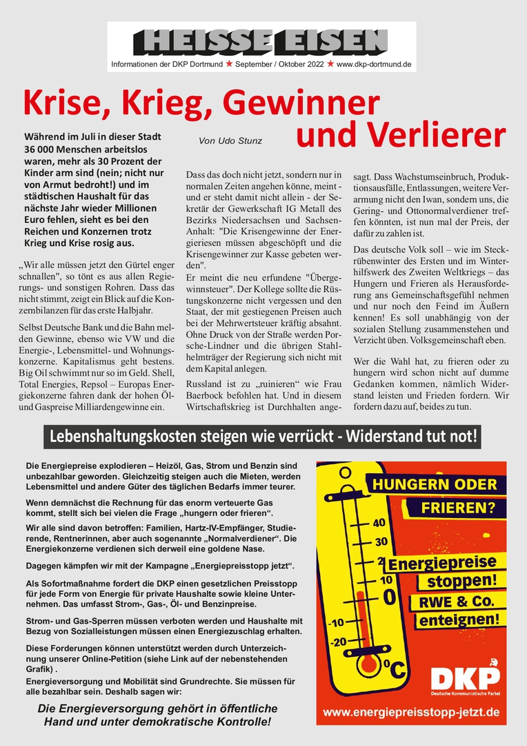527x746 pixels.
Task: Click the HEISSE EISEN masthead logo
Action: point(261,41)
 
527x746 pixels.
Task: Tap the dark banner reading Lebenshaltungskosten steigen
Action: point(262,437)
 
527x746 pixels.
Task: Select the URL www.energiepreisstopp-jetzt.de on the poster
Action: point(411,711)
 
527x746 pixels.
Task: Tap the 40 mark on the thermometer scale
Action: point(379,523)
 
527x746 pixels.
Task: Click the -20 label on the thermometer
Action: point(339,642)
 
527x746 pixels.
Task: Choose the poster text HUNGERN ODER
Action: point(435,484)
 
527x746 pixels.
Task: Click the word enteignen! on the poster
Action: point(459,620)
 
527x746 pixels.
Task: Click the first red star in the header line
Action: point(228,65)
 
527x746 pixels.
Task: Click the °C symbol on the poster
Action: point(397,668)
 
